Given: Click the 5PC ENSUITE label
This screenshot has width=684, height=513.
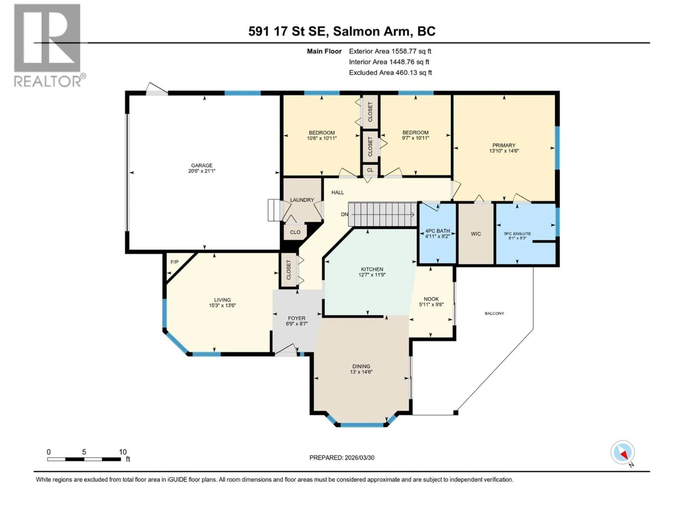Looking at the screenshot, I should click(517, 234).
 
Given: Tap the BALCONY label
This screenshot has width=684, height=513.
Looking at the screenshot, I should click(494, 313).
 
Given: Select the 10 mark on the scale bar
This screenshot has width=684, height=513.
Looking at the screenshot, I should click(123, 452).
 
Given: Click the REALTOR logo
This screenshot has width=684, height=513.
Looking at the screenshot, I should click(48, 45).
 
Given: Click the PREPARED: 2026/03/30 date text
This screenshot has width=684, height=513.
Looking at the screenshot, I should click(342, 458).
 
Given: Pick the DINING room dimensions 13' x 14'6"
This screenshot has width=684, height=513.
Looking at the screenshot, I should click(361, 372).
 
